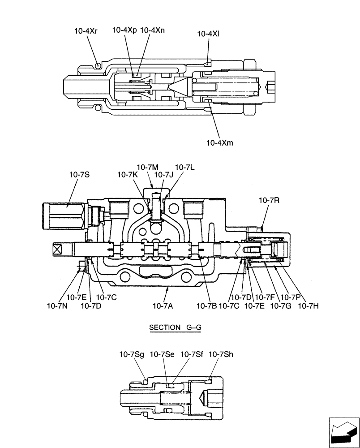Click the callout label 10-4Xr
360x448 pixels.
coord(86,31)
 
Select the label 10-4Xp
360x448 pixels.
coord(125,30)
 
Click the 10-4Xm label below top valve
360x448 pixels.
coord(220,143)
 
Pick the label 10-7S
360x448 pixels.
coord(79,174)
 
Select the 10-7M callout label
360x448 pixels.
coord(148,167)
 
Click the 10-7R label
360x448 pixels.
coord(269,201)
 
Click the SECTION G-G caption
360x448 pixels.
coord(175,327)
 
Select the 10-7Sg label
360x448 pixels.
coord(131,354)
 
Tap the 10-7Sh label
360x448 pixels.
coord(221,354)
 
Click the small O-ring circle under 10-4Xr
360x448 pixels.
coord(98,65)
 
